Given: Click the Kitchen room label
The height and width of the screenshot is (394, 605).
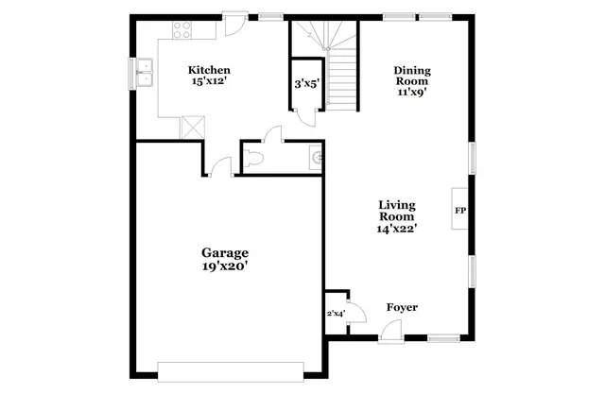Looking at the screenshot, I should (209, 70).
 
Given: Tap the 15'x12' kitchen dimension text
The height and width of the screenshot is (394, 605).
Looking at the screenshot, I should (209, 82).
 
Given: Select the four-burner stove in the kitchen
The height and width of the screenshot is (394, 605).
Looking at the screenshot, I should (180, 30).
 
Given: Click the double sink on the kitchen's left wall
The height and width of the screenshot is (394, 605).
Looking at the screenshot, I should (144, 72).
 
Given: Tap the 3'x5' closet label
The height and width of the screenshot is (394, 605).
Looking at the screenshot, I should (307, 84).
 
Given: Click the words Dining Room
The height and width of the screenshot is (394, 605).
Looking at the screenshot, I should (411, 76).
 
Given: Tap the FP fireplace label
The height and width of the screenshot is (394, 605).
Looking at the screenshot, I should (460, 210).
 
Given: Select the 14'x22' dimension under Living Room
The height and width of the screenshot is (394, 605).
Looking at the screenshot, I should (398, 228).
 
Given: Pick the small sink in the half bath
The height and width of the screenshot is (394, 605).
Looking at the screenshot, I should (317, 159).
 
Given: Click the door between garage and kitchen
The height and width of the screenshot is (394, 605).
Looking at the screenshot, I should (221, 168).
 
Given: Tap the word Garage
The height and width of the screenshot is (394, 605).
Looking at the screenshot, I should (224, 252).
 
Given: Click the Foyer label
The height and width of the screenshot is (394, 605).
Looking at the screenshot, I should (402, 308).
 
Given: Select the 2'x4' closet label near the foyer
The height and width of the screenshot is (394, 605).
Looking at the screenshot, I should (336, 313).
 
